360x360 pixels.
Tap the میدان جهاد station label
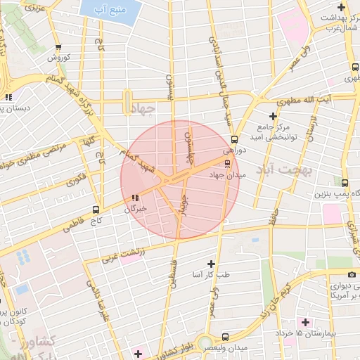coord(226,174)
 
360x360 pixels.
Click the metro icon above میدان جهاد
coord(226,164)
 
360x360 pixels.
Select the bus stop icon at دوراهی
coord(234,139)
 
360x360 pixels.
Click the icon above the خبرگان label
coord(134,198)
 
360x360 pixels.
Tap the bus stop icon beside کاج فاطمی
coord(96,210)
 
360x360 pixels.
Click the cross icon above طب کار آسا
coord(211,263)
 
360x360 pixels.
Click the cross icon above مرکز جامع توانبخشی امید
coord(273,115)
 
